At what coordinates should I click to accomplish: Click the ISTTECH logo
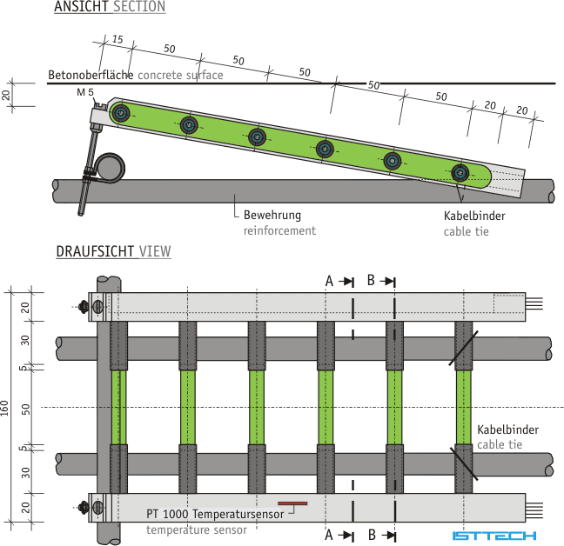point(494,536)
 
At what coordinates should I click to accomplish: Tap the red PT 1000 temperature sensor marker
point(292,503)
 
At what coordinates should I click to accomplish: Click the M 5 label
point(85,92)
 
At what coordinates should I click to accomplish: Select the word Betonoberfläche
point(91,75)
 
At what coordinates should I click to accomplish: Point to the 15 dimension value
point(117,39)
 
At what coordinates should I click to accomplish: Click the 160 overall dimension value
point(4,408)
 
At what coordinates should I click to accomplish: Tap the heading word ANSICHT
point(81,6)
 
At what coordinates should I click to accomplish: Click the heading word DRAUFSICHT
point(96,251)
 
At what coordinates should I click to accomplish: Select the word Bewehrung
point(272,215)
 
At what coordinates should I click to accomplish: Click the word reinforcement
point(279,230)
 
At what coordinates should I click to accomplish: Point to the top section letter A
point(329,281)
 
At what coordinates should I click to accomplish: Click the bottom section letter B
point(372,535)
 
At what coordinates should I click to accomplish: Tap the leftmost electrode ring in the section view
point(121,114)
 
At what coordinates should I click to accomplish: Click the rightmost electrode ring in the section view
point(460,173)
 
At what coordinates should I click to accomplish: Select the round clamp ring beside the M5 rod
point(110,168)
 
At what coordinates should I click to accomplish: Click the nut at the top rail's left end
point(84,307)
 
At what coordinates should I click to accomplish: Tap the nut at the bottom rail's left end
point(84,508)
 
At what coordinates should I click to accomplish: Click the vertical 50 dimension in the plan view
point(26,409)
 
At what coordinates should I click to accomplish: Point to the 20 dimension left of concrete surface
point(6,95)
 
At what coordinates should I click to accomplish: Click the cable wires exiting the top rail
point(534,303)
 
